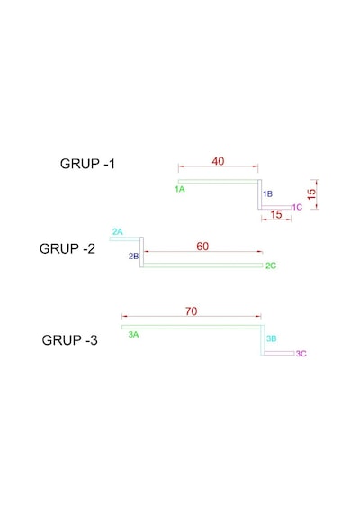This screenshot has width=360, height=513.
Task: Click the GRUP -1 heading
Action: [87, 164]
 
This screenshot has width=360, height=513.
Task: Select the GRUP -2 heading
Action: [67, 248]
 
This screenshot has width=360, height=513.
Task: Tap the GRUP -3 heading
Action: [69, 340]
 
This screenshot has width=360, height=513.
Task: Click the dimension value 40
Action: [218, 161]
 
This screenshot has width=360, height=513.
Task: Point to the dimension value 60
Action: [202, 246]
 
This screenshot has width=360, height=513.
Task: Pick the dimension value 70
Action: [191, 311]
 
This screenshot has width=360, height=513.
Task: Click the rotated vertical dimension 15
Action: [311, 194]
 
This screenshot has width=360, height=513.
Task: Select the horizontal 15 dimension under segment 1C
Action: [276, 214]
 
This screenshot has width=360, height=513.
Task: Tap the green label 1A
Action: [180, 189]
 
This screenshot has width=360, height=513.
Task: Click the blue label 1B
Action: [267, 194]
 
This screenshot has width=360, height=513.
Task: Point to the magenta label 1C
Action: [297, 207]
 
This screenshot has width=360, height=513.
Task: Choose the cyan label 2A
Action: [118, 232]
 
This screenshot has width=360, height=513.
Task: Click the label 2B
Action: [133, 256]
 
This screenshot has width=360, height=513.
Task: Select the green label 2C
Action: [271, 265]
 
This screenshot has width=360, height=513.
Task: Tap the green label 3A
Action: [133, 335]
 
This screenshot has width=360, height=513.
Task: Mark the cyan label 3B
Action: [271, 338]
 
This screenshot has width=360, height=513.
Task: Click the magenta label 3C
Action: [301, 354]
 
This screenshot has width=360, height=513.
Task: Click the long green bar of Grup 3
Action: [192, 327]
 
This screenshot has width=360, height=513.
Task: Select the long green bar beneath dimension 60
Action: [202, 265]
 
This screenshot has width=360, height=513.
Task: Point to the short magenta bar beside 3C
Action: [279, 353]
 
